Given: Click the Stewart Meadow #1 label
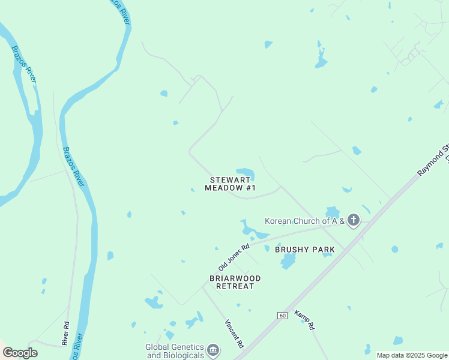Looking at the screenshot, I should point(230,184).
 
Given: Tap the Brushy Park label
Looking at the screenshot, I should point(304,249).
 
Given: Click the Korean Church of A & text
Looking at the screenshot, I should point(304,221).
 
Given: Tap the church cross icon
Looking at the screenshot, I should point(353,221).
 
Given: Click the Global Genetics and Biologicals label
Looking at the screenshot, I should point(175,351).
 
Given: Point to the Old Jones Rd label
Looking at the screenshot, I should point(234,257).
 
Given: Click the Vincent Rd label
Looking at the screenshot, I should point(234,335).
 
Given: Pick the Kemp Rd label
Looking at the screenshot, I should point(307,322).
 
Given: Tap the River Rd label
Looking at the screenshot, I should point(65,334).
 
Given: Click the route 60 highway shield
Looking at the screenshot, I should point(282,315).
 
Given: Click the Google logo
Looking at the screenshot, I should point(20,353).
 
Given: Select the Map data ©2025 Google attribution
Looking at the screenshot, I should point(412,355).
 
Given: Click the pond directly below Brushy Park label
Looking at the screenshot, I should point(288,262).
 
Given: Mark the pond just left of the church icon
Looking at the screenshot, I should point(332,212).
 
